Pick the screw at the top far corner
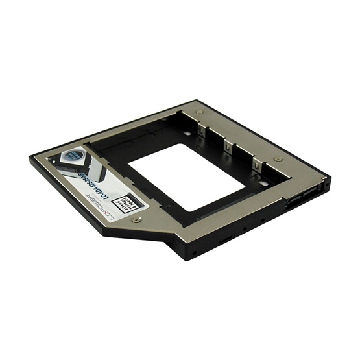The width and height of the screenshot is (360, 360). pos(199,112)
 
